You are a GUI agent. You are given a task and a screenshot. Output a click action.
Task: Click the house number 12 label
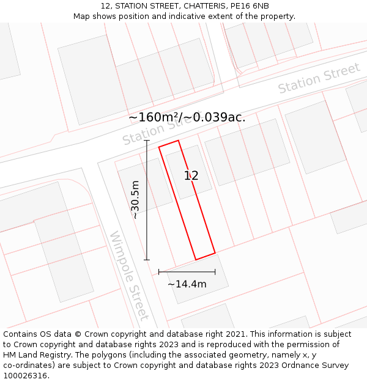click(x=191, y=176)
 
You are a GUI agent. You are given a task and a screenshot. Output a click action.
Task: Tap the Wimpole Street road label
click(x=129, y=276)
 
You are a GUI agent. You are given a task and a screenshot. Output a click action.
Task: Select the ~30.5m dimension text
click(x=135, y=199)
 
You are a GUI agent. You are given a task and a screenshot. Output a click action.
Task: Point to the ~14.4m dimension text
click(x=187, y=284)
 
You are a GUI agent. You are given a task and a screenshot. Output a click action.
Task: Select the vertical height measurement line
click(x=147, y=202)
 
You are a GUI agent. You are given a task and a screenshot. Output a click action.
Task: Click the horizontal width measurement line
click(x=187, y=271)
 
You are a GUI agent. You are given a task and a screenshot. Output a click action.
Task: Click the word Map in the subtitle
click(x=83, y=17)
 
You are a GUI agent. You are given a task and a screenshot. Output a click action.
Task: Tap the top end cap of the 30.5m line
click(x=147, y=141)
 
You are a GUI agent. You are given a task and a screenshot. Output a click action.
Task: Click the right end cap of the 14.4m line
click(x=215, y=271)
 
